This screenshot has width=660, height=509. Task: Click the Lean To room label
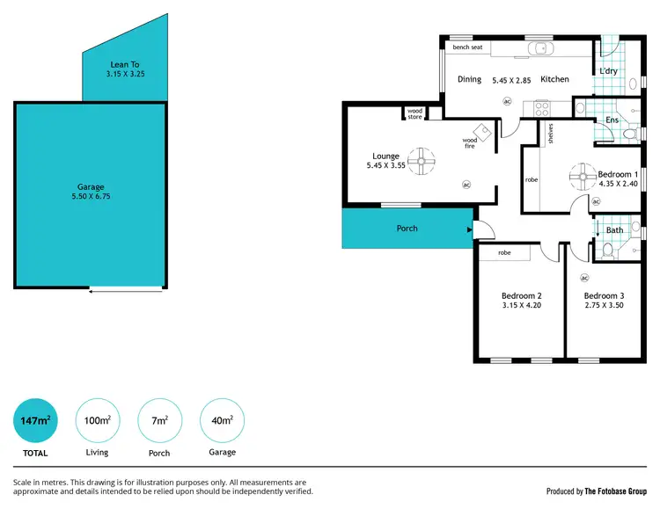125,64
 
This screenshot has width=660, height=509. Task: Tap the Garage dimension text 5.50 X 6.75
91,196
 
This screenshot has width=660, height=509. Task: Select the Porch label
407,229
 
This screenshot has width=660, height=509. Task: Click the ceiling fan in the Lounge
423,160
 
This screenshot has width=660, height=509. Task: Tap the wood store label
414,113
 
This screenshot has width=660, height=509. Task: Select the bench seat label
467,47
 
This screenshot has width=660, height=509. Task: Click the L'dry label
608,71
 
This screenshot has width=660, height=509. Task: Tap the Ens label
612,120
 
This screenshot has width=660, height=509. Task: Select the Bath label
614,230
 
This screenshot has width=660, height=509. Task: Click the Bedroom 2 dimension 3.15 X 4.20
521,305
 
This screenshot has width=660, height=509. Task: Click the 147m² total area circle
35,421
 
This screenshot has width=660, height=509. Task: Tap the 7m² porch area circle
160,421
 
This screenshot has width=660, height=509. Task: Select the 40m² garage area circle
222,421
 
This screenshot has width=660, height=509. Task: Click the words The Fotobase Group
616,491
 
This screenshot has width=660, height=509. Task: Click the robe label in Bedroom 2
504,253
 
